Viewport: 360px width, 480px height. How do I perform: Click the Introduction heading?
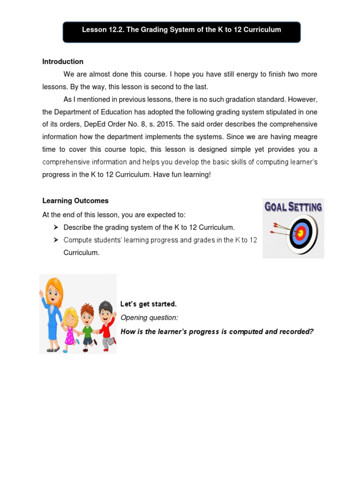point(63,61)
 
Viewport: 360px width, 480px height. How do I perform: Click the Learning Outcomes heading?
point(75,201)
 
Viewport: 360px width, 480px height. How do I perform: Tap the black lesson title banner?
point(181,30)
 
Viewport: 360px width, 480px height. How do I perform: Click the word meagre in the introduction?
point(304,137)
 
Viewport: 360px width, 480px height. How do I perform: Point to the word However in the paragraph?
point(304,99)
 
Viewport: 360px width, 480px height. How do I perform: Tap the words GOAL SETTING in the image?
point(293,207)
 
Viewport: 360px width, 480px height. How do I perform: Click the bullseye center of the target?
point(300,232)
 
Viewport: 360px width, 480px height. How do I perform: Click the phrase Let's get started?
point(149,304)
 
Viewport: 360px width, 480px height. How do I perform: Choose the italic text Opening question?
point(149,318)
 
